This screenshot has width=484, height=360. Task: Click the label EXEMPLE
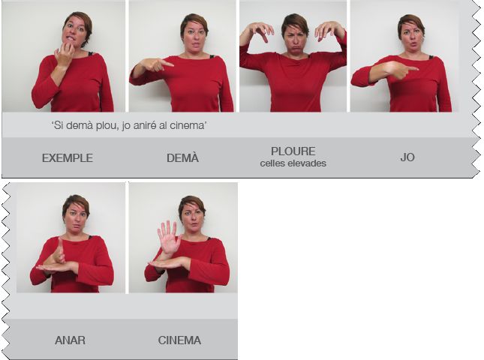tap(68, 158)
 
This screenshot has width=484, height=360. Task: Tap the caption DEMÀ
tap(182, 158)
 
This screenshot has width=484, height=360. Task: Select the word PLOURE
tap(293, 151)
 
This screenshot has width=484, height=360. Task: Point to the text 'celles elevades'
tap(293, 163)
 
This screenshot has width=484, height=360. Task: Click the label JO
tap(407, 157)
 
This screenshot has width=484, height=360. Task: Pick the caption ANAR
tap(70, 340)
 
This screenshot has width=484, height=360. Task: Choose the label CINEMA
tap(179, 340)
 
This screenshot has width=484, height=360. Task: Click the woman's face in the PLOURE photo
tap(294, 37)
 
